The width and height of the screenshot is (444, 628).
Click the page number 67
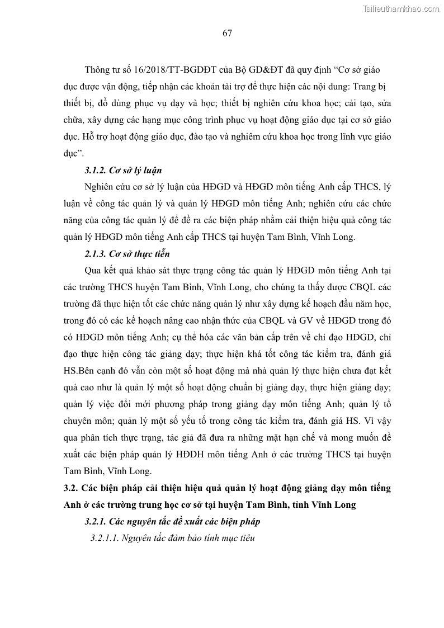(227, 33)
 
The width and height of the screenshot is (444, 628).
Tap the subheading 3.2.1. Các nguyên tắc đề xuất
(172, 522)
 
